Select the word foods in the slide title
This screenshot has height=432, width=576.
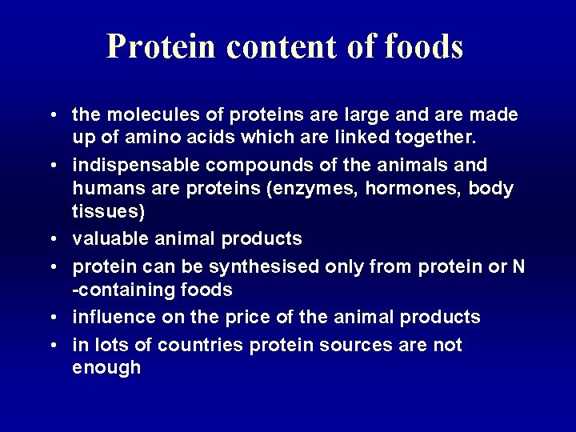pyautogui.click(x=423, y=47)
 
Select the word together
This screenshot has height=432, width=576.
pyautogui.click(x=439, y=137)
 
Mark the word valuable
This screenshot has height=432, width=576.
pyautogui.click(x=106, y=239)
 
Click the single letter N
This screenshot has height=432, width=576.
pyautogui.click(x=518, y=266)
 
